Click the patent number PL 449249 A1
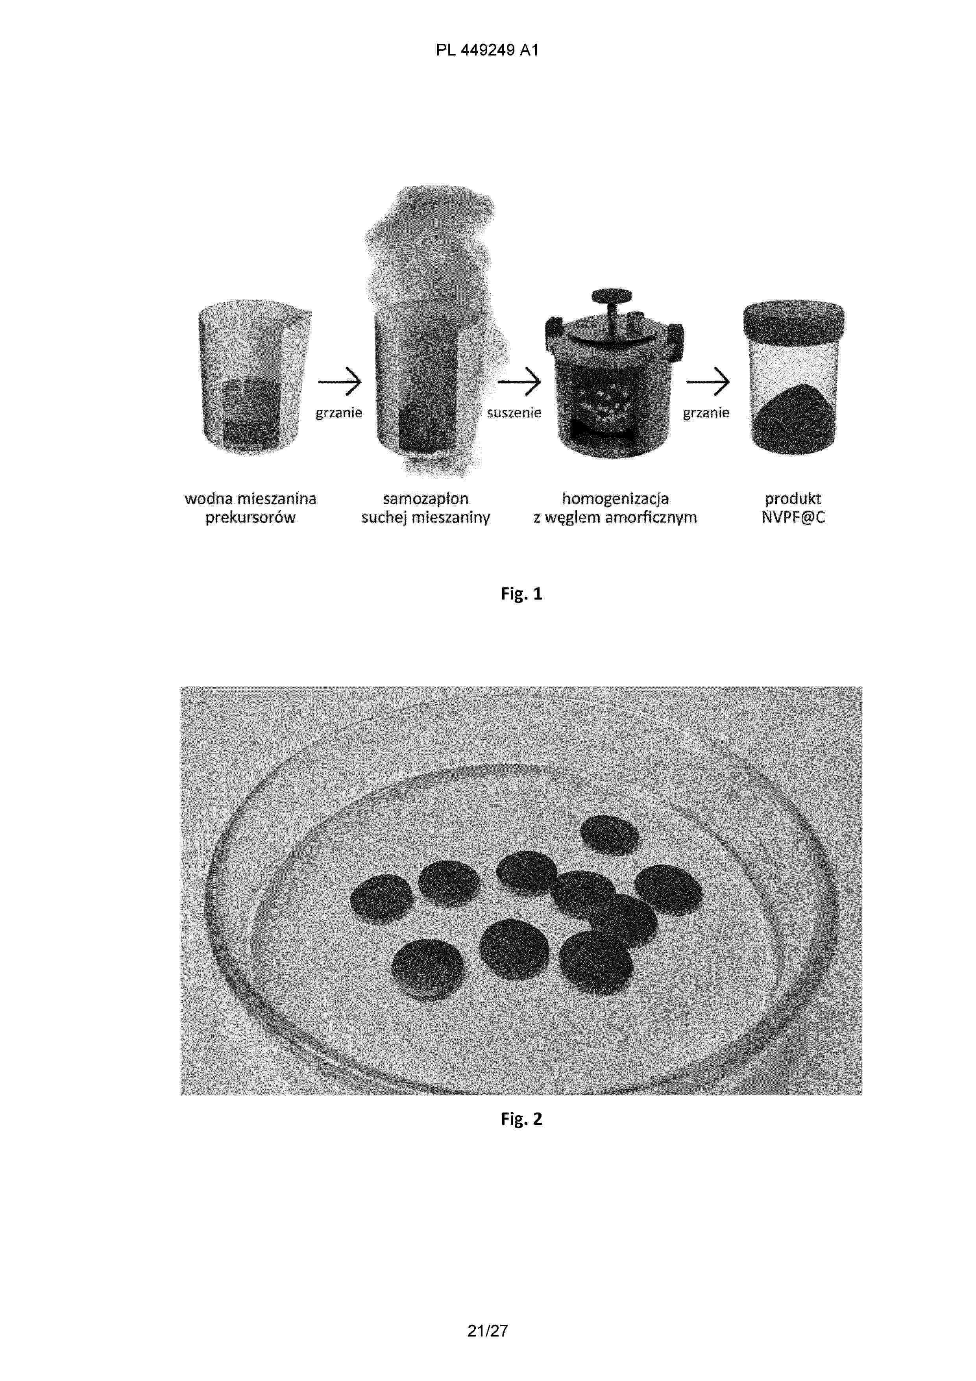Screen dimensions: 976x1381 (x=487, y=50)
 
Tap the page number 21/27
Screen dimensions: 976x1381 (x=488, y=1331)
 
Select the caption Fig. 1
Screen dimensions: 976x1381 (x=521, y=594)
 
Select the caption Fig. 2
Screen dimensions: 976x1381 (x=521, y=1119)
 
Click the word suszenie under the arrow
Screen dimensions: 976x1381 (x=514, y=413)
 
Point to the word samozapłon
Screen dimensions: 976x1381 (x=426, y=499)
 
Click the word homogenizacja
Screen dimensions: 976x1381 (x=615, y=499)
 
